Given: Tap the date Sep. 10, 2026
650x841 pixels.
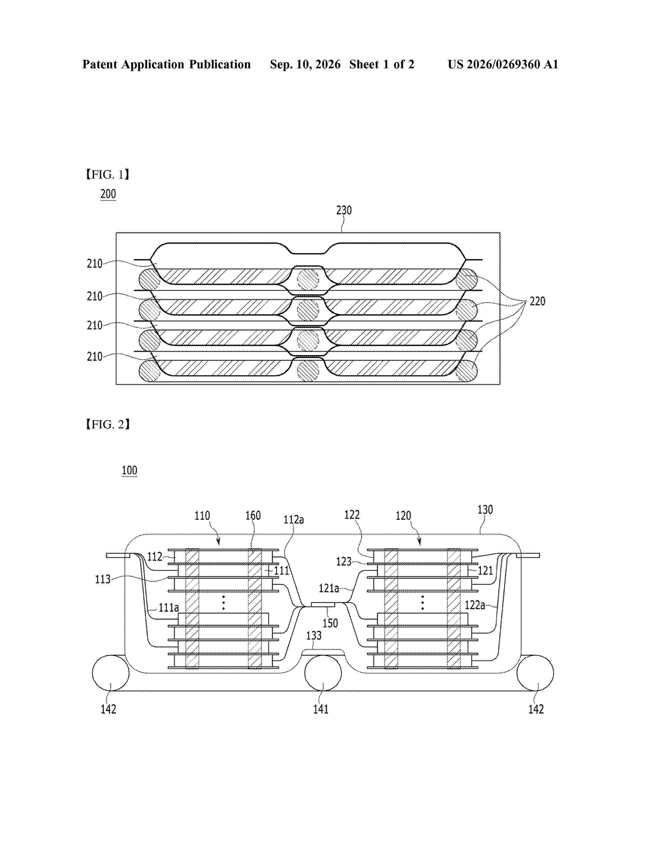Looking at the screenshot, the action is [x=305, y=64].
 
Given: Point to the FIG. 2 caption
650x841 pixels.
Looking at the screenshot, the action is [x=107, y=424].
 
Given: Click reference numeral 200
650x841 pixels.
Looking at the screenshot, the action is [x=108, y=194].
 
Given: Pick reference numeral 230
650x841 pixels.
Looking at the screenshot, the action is [x=344, y=210].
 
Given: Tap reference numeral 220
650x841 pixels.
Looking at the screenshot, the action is [x=538, y=301].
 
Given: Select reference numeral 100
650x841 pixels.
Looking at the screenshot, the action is [x=129, y=470].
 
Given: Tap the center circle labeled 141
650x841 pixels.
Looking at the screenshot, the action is [x=323, y=673].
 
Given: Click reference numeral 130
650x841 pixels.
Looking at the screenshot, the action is [x=485, y=510].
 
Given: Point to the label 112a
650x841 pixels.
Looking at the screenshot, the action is [x=294, y=520].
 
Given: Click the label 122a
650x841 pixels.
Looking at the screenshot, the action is [x=475, y=605].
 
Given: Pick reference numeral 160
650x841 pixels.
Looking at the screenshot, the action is [x=253, y=516].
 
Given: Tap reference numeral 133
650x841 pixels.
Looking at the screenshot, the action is [x=314, y=635].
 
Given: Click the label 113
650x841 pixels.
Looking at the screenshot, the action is [x=103, y=579].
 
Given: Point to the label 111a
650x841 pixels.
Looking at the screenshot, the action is [x=169, y=608].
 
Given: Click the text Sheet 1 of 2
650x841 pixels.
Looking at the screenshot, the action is [x=382, y=64].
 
